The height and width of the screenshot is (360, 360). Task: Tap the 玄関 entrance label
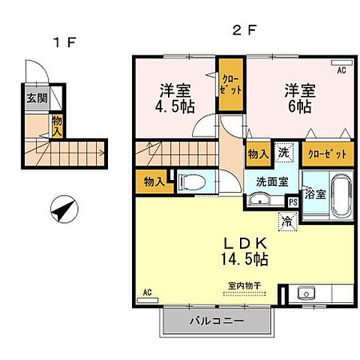click(34, 97)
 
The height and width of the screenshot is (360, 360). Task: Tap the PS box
click(293, 201)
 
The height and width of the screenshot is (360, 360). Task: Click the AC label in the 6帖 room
click(341, 70)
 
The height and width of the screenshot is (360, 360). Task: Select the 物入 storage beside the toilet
click(154, 181)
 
